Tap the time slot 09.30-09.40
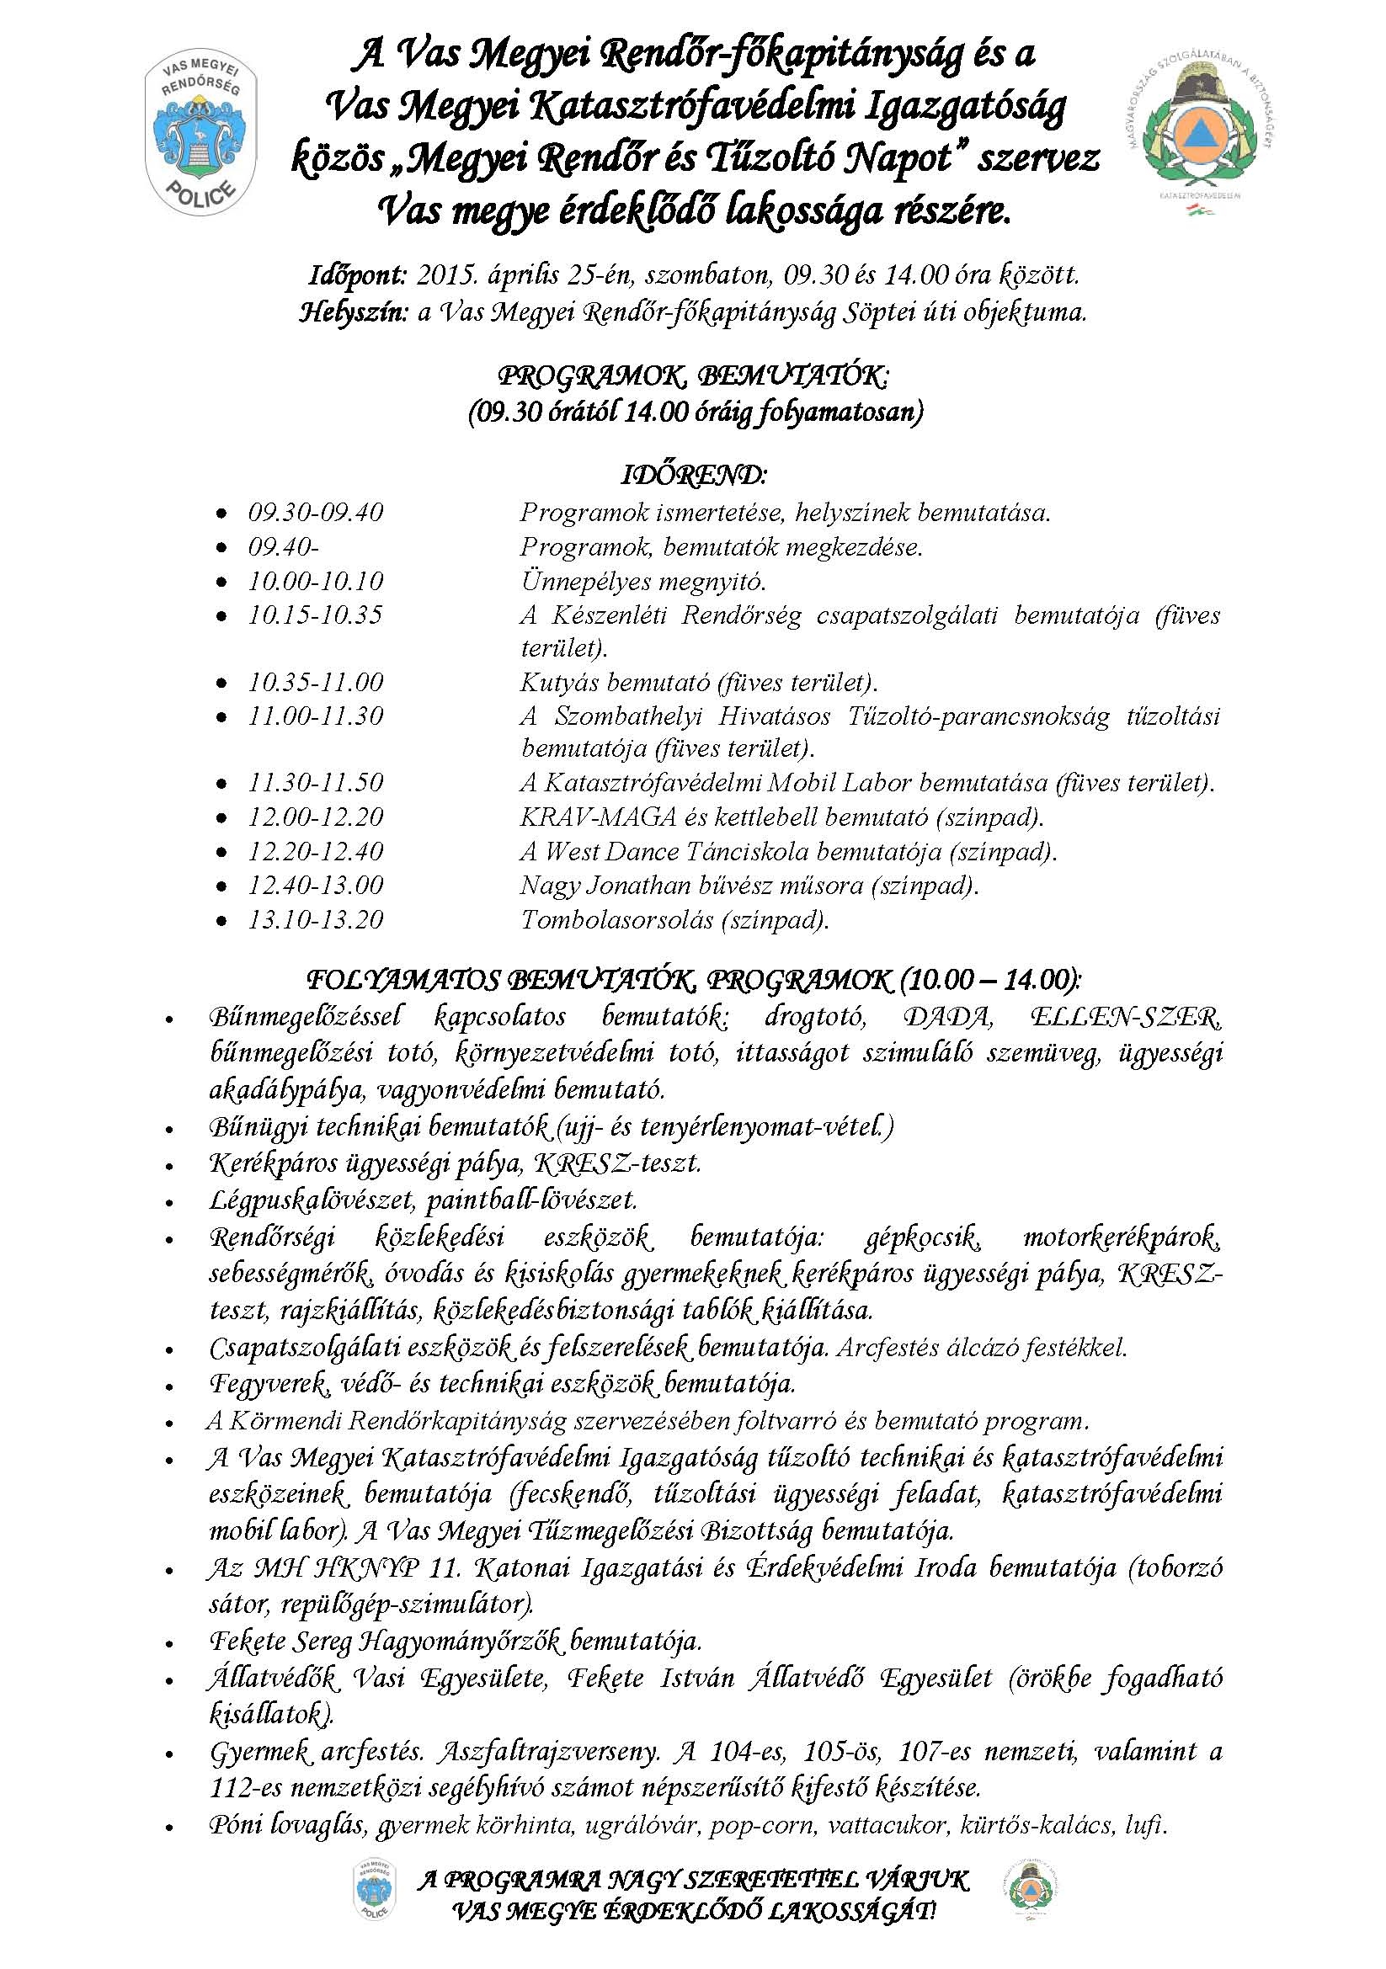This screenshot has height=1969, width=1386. pos(316,514)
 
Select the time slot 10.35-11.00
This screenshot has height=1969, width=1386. pos(316,683)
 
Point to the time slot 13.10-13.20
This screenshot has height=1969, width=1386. pos(316,920)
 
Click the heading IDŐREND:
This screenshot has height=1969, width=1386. pos(694,475)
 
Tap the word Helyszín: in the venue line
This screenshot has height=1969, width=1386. pos(354,312)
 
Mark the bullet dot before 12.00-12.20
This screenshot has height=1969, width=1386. pos(222,818)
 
